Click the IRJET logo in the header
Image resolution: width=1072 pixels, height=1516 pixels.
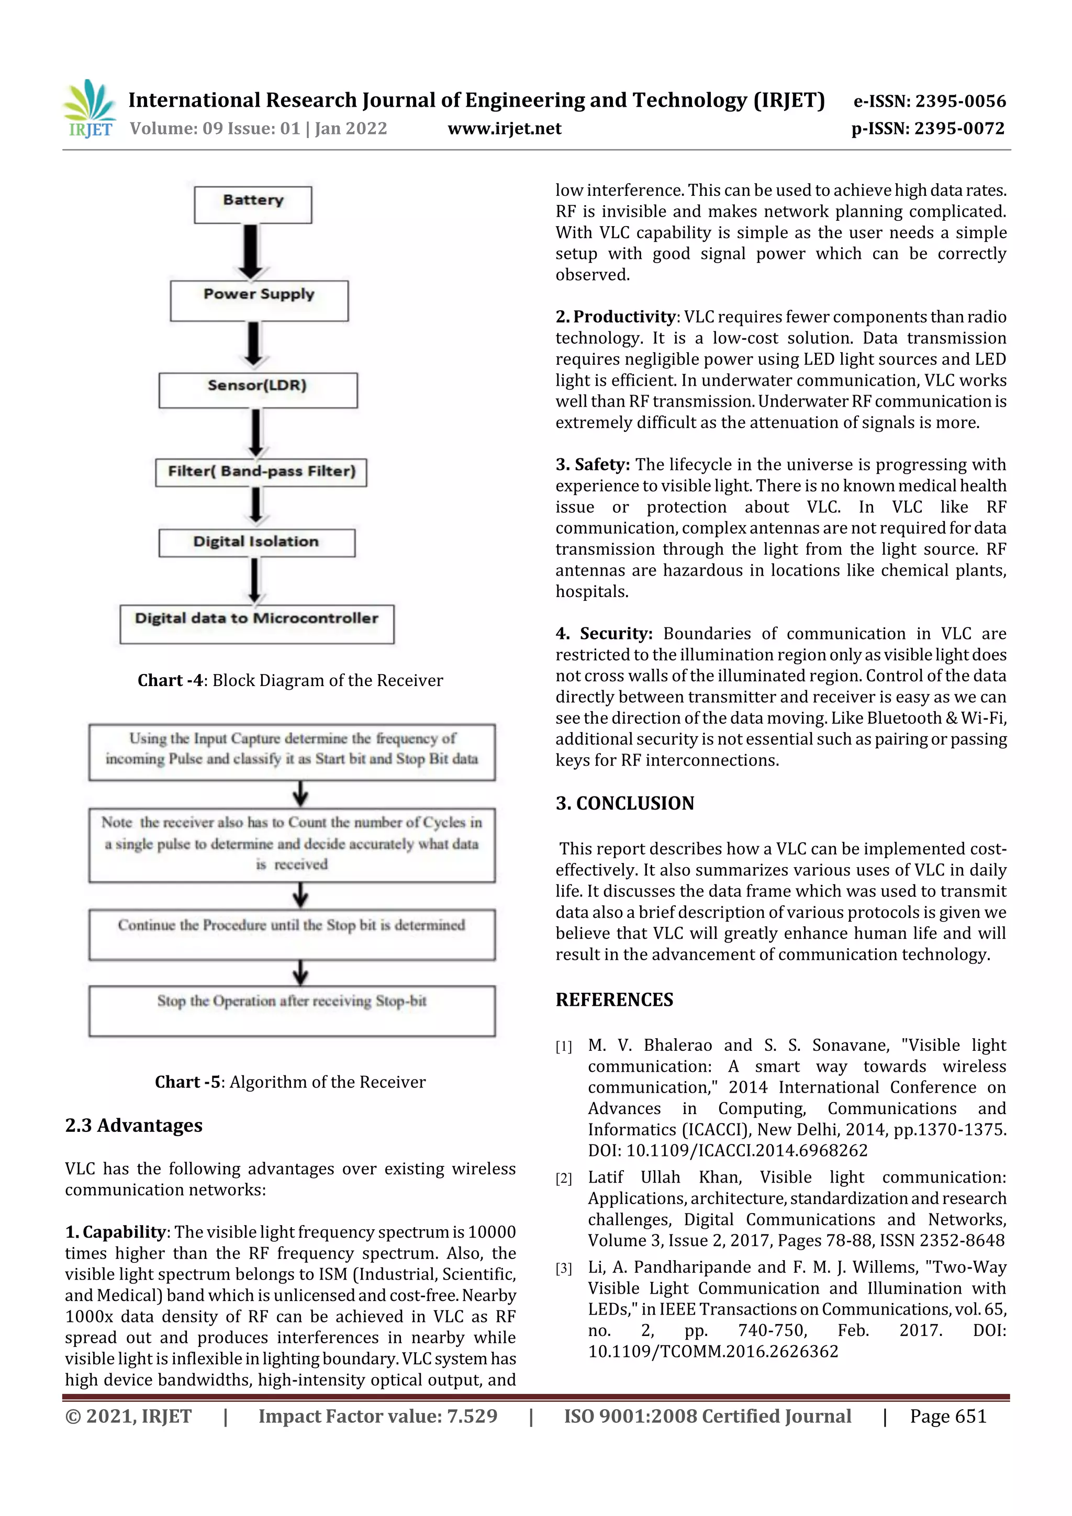[x=89, y=109]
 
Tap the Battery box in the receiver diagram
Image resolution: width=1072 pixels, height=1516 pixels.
[x=253, y=205]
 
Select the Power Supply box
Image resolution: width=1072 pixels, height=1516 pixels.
[x=259, y=301]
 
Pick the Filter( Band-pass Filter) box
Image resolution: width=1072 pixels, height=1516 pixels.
[x=261, y=472]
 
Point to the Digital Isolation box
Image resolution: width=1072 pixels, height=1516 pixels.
[x=256, y=543]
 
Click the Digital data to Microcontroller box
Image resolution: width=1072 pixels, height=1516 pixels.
[x=257, y=624]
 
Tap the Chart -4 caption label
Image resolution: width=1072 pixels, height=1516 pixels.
[x=171, y=680]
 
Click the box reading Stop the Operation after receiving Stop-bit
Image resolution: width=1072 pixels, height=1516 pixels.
[x=292, y=1010]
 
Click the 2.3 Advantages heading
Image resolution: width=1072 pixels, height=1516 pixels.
[x=133, y=1125]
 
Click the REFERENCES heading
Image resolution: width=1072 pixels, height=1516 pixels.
[x=615, y=1000]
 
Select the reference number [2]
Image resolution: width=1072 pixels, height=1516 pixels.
[x=563, y=1178]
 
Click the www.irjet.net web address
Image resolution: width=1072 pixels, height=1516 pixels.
[x=505, y=129]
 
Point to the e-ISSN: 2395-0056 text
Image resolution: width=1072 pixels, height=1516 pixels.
[x=929, y=101]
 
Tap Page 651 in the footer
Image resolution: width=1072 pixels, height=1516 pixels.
[x=948, y=1416]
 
